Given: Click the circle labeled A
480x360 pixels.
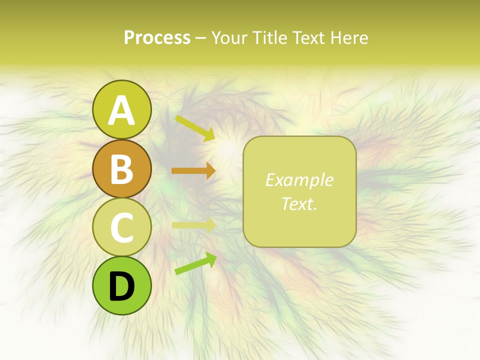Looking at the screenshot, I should point(121,109).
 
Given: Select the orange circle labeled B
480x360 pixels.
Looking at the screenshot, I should point(121,168).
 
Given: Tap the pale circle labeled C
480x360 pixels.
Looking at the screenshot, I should point(121,227).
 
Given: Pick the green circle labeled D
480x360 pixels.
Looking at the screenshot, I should point(121,285).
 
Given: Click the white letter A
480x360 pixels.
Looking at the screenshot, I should point(121,110).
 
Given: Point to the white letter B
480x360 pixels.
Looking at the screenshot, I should point(121,169).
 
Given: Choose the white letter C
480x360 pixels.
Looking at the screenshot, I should point(121,227).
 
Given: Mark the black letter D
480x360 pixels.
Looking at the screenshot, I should point(121,286).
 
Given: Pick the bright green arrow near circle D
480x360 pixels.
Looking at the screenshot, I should point(195,263).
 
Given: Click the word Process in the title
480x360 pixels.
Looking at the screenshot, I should point(157,37).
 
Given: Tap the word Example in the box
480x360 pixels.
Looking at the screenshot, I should point(299,180).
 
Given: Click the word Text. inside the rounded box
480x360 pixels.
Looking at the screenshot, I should point(299,203).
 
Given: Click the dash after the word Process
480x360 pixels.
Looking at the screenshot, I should point(200,38).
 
